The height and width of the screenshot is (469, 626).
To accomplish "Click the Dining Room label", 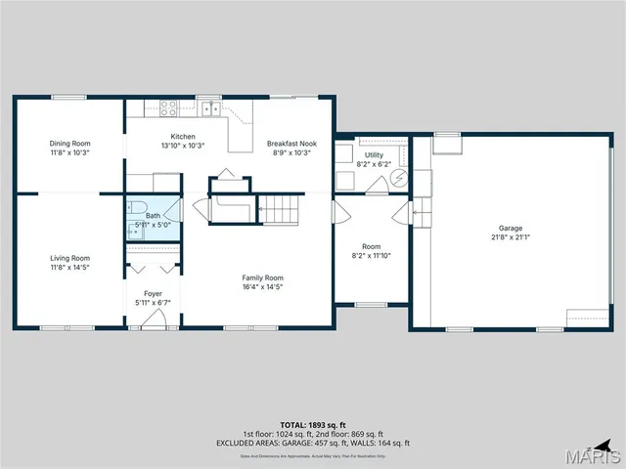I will pyautogui.click(x=70, y=144).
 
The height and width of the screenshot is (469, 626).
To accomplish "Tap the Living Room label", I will pyautogui.click(x=70, y=258).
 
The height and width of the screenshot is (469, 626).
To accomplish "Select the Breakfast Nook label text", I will pyautogui.click(x=291, y=144).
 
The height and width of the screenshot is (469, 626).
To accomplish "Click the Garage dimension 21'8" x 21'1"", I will pyautogui.click(x=511, y=236).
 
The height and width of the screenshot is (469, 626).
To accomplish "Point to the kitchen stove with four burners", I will pyautogui.click(x=167, y=107).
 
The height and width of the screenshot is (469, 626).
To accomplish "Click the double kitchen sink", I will pyautogui.click(x=207, y=107).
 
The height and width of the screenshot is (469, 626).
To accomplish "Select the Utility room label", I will pyautogui.click(x=374, y=155).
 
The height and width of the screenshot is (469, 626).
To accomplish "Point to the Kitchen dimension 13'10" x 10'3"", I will pyautogui.click(x=183, y=146).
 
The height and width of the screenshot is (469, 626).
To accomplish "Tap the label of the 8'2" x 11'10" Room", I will pyautogui.click(x=371, y=246).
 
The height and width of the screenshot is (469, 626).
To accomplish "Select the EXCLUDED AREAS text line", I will pyautogui.click(x=313, y=443).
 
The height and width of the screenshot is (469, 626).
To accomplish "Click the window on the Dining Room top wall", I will pyautogui.click(x=67, y=96).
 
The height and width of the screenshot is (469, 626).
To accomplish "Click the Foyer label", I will pyautogui.click(x=154, y=293).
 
